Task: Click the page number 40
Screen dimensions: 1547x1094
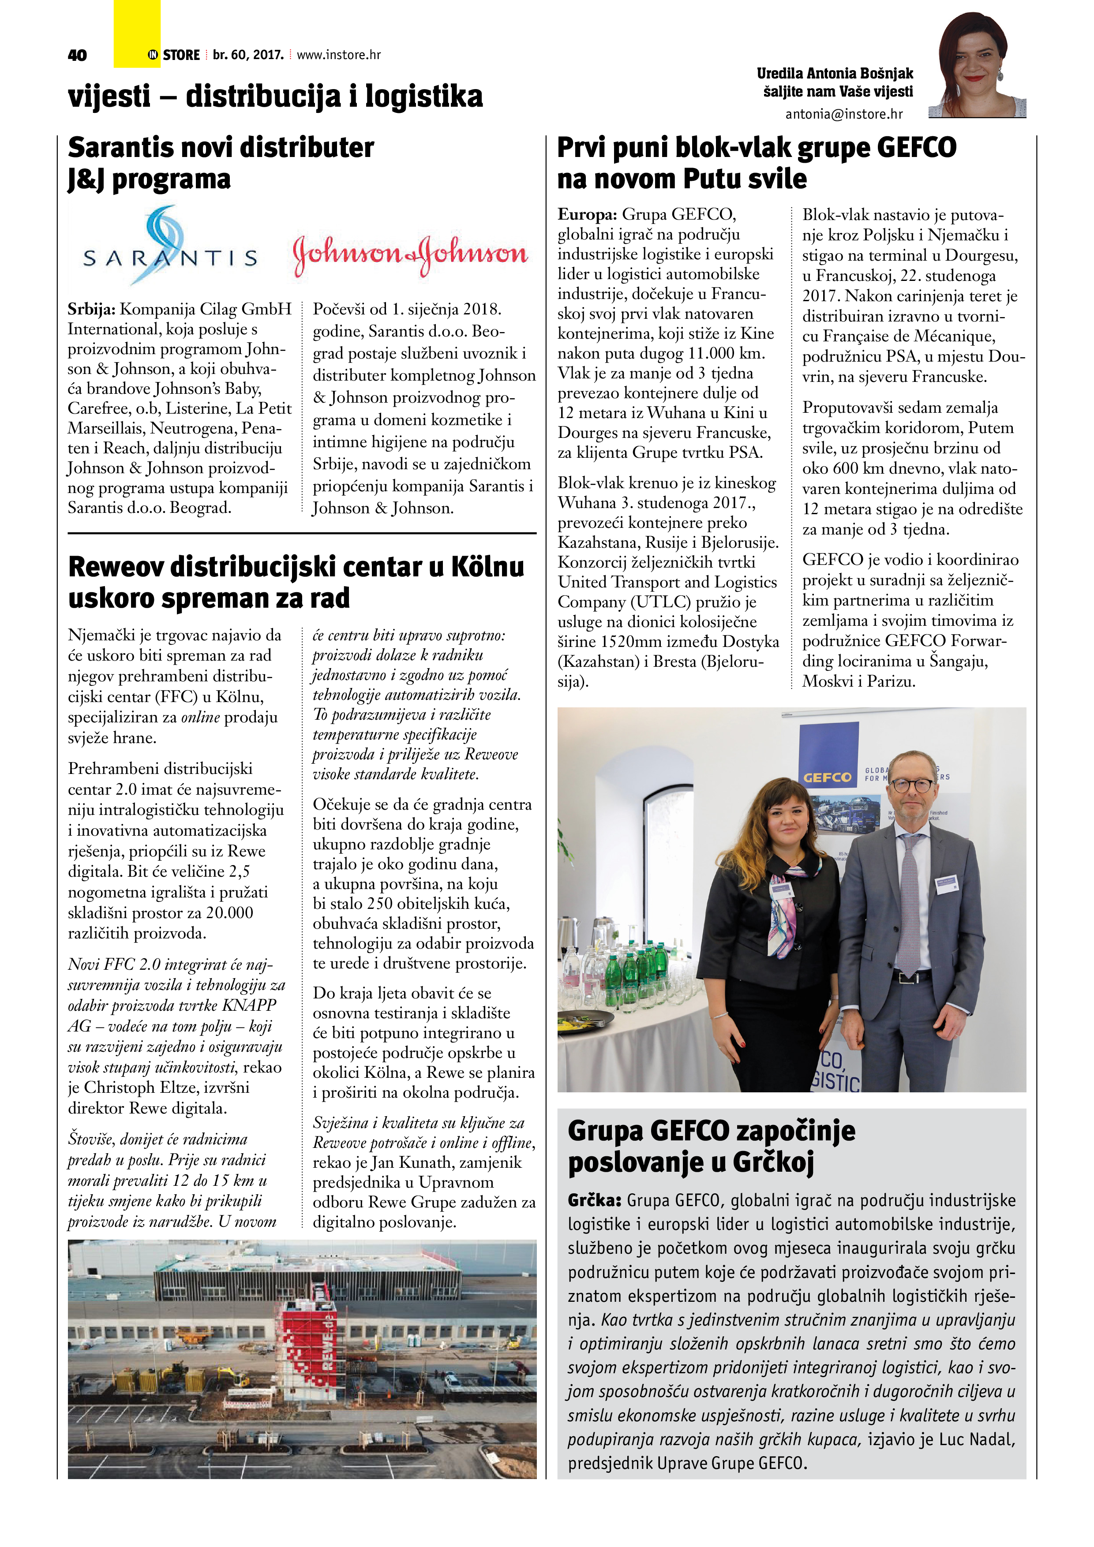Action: (78, 55)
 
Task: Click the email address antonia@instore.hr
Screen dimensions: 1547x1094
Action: (843, 115)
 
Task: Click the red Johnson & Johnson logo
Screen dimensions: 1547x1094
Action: (410, 255)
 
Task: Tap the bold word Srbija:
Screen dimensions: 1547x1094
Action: (92, 309)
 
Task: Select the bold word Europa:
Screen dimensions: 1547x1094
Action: (586, 215)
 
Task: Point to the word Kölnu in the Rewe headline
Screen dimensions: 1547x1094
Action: (487, 567)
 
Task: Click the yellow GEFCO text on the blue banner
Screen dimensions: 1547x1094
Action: (827, 777)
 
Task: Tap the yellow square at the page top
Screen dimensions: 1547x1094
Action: (137, 34)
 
